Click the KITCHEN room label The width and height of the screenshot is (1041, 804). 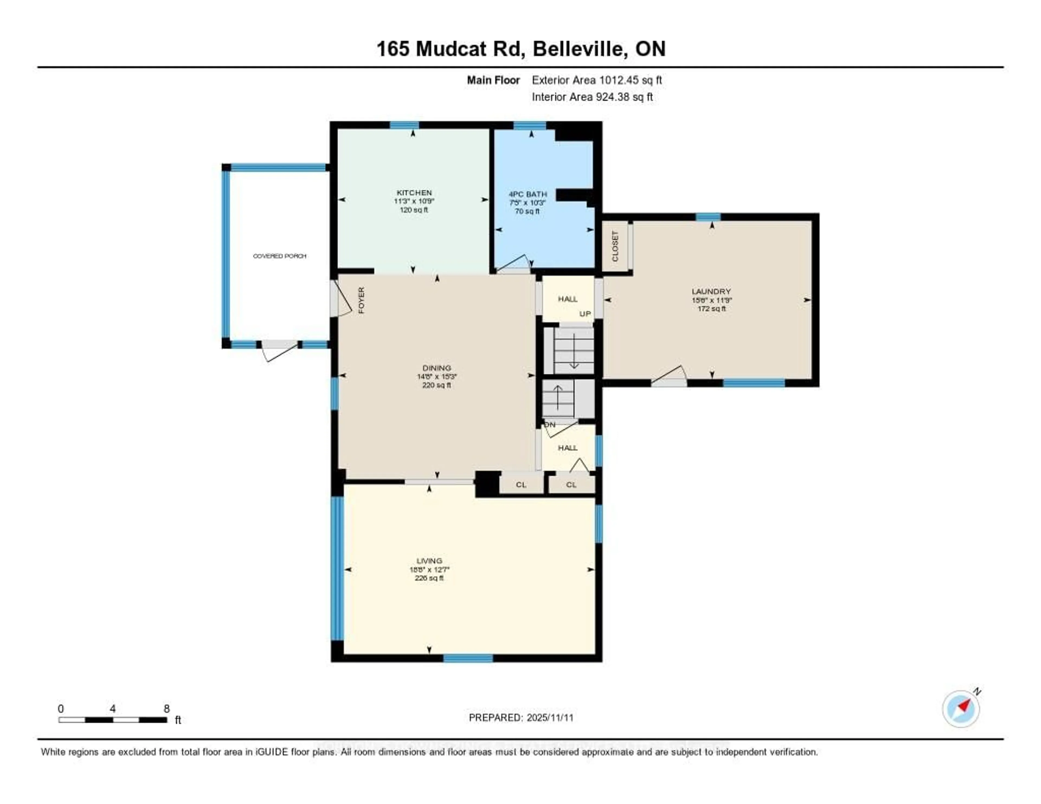pyautogui.click(x=414, y=192)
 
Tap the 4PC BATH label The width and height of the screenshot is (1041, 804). pyautogui.click(x=527, y=194)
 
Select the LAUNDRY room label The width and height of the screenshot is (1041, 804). pyautogui.click(x=711, y=291)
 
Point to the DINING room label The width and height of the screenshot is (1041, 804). pyautogui.click(x=437, y=368)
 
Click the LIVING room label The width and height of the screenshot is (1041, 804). pyautogui.click(x=429, y=561)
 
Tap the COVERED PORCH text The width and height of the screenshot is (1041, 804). pyautogui.click(x=279, y=256)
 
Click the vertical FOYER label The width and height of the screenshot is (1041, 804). pyautogui.click(x=361, y=300)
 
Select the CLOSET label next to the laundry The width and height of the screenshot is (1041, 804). pyautogui.click(x=615, y=246)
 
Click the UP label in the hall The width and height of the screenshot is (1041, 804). pyautogui.click(x=585, y=314)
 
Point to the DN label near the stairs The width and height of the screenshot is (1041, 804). pyautogui.click(x=550, y=424)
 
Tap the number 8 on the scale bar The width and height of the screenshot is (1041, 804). pyautogui.click(x=166, y=709)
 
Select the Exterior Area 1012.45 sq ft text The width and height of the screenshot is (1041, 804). pyautogui.click(x=597, y=80)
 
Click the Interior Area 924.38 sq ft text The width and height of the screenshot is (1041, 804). pyautogui.click(x=592, y=97)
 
